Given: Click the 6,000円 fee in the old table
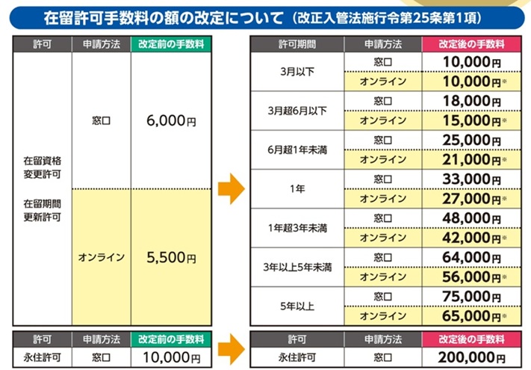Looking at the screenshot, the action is point(171,120).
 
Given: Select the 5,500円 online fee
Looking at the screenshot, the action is point(171,258).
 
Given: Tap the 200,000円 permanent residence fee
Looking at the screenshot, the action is point(471,357).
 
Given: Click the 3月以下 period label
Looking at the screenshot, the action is point(297,72).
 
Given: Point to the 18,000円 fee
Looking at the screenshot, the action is point(472,101).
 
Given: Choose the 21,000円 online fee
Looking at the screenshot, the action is point(472,160).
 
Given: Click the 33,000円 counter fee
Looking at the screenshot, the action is point(472,179).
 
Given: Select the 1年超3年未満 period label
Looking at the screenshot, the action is point(297,228).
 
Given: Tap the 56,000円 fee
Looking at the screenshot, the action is point(472,277).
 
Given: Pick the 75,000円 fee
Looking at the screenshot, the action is point(472,297).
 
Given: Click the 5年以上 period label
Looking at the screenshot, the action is point(297,306).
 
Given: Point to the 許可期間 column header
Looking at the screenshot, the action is point(297,44).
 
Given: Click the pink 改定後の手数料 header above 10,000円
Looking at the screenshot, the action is point(471,44).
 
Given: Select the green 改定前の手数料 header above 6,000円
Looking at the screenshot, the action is point(171,44).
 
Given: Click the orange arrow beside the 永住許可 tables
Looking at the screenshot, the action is point(232,349).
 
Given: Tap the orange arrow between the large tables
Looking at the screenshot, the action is point(232,188).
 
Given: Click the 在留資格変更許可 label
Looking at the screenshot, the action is point(43,167).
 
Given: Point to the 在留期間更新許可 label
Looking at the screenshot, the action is point(43,210).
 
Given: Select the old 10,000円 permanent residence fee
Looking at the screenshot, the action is point(171,357).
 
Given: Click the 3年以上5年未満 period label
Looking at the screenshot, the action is point(297,268).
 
